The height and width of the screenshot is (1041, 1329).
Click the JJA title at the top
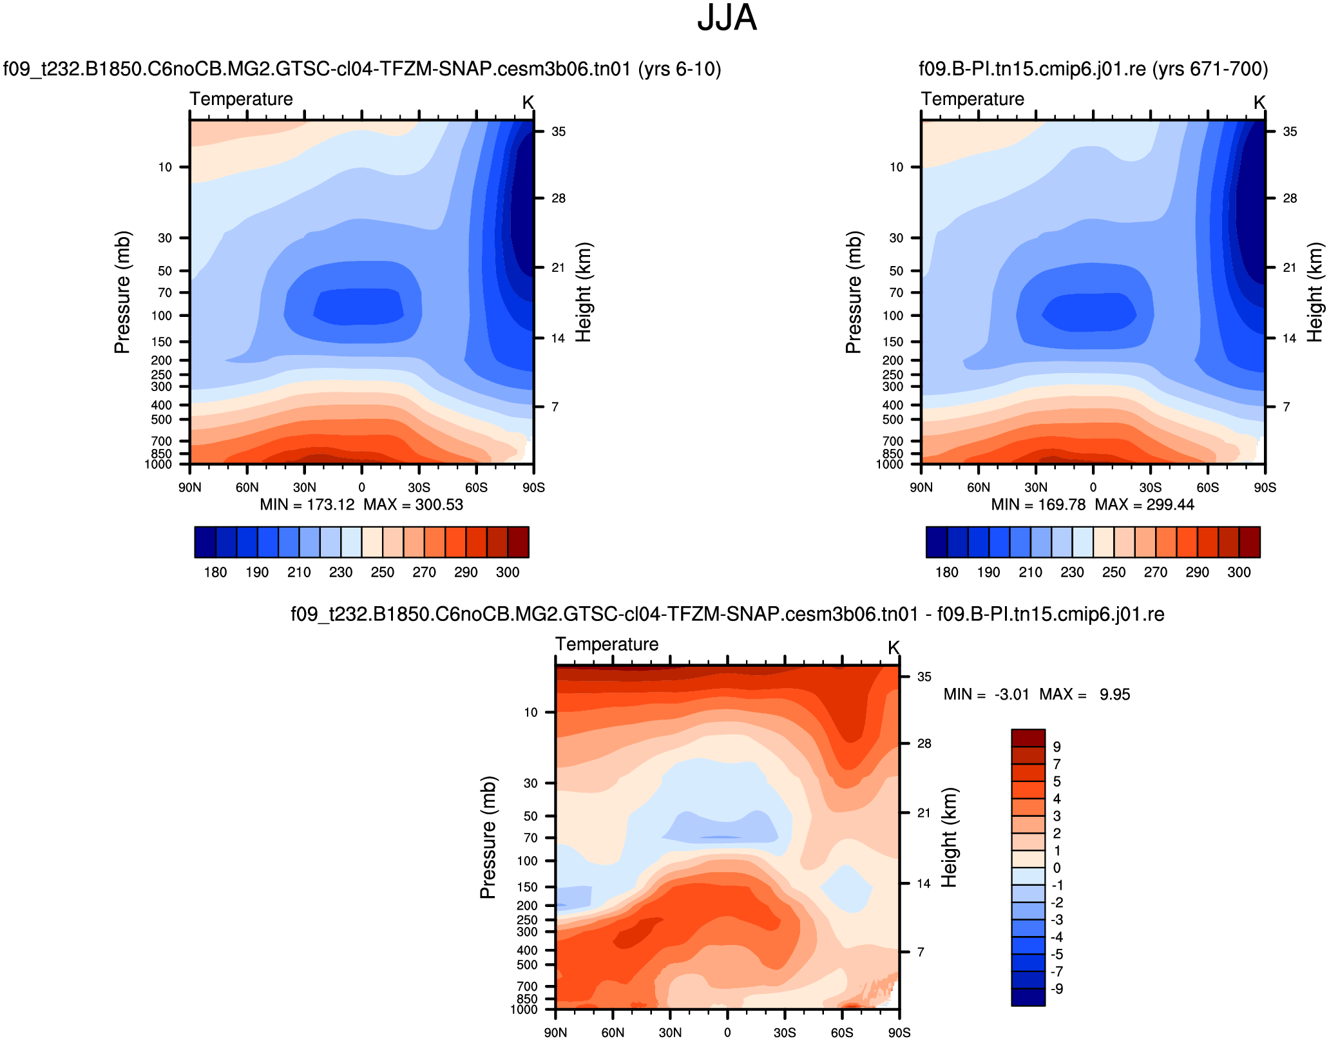[x=727, y=18]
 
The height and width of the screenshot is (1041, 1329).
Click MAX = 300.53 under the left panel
[x=413, y=504]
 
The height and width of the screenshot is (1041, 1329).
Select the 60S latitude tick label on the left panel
[x=476, y=488]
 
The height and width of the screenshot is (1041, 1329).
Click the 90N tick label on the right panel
[x=921, y=488]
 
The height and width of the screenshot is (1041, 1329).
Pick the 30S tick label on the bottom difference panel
[x=785, y=1033]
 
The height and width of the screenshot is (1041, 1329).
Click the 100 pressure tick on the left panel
[x=162, y=316]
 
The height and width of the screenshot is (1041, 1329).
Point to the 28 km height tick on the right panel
[x=1290, y=198]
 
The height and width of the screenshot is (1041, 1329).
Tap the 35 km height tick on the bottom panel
[x=924, y=677]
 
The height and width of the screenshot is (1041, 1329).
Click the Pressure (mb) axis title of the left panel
[x=122, y=292]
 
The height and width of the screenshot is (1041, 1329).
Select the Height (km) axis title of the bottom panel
[x=949, y=837]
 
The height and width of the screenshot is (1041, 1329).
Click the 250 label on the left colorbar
[x=383, y=572]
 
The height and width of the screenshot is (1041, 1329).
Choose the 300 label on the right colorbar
[x=1239, y=572]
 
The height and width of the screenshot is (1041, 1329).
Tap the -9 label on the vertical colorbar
[x=1057, y=989]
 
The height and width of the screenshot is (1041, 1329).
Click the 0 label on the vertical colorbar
[x=1057, y=868]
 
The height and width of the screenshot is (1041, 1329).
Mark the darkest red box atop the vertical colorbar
[x=1028, y=738]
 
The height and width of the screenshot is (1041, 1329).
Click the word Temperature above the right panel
[x=972, y=99]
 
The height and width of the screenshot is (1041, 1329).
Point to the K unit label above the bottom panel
[x=894, y=647]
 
